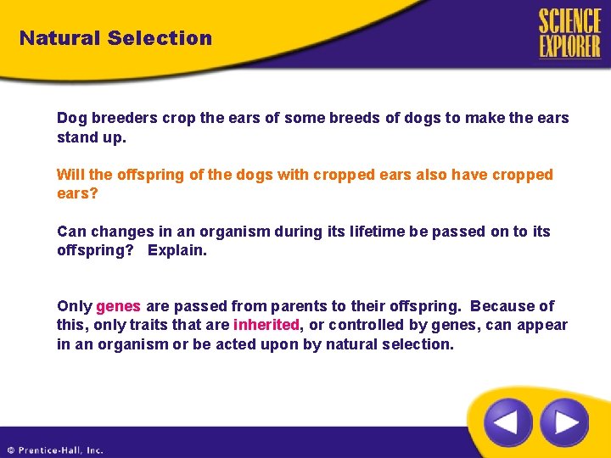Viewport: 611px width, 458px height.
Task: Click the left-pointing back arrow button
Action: [507, 422]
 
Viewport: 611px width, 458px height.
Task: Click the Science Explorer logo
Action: [569, 33]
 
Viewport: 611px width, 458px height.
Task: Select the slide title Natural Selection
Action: [115, 38]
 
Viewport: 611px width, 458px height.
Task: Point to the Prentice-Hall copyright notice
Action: [55, 450]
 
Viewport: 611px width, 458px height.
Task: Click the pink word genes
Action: [118, 306]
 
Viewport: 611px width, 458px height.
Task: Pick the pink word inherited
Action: [266, 325]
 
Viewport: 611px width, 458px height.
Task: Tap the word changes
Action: [116, 232]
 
